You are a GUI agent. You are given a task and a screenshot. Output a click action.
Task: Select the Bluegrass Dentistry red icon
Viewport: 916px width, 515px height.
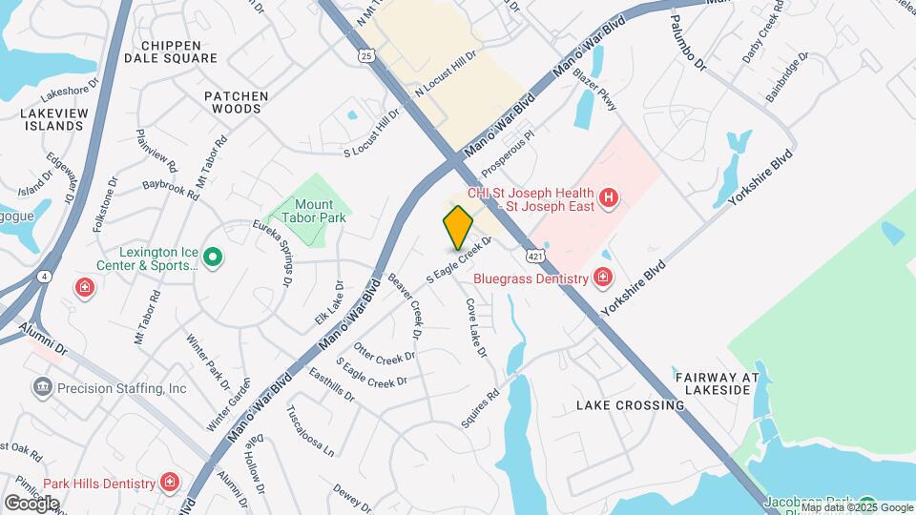602,278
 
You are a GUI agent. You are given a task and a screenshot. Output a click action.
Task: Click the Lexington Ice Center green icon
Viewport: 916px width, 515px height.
214,257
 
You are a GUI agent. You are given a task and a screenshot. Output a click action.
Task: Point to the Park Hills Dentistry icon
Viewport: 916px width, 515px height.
170,482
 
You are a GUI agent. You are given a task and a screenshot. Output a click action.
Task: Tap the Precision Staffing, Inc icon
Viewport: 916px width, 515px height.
43,388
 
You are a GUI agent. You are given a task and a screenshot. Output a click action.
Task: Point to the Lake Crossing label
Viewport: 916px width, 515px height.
630,405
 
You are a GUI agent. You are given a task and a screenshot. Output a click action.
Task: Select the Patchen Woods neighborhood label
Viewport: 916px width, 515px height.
236,103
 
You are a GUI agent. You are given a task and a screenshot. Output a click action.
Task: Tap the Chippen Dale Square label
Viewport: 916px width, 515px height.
171,51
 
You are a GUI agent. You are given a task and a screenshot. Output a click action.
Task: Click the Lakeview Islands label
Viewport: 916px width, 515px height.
40,119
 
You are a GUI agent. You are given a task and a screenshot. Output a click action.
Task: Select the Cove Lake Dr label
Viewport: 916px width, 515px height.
476,327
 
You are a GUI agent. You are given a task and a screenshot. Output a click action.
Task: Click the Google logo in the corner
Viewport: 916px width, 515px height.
31,502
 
